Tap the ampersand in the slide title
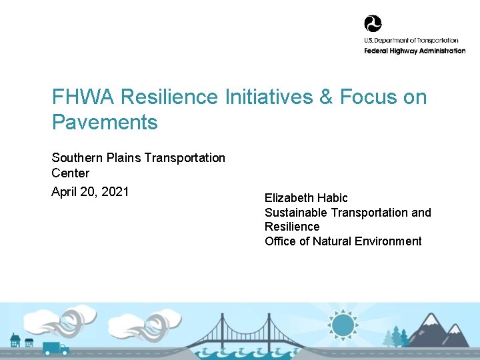tap(326, 97)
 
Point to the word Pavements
tap(105, 123)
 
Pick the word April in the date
tap(64, 192)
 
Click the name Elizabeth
tap(291, 198)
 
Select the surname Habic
tap(334, 198)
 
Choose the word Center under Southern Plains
tap(70, 173)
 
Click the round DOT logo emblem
tap(373, 24)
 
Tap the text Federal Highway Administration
tap(415, 51)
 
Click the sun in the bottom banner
tap(343, 326)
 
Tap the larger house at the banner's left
tap(15, 341)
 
